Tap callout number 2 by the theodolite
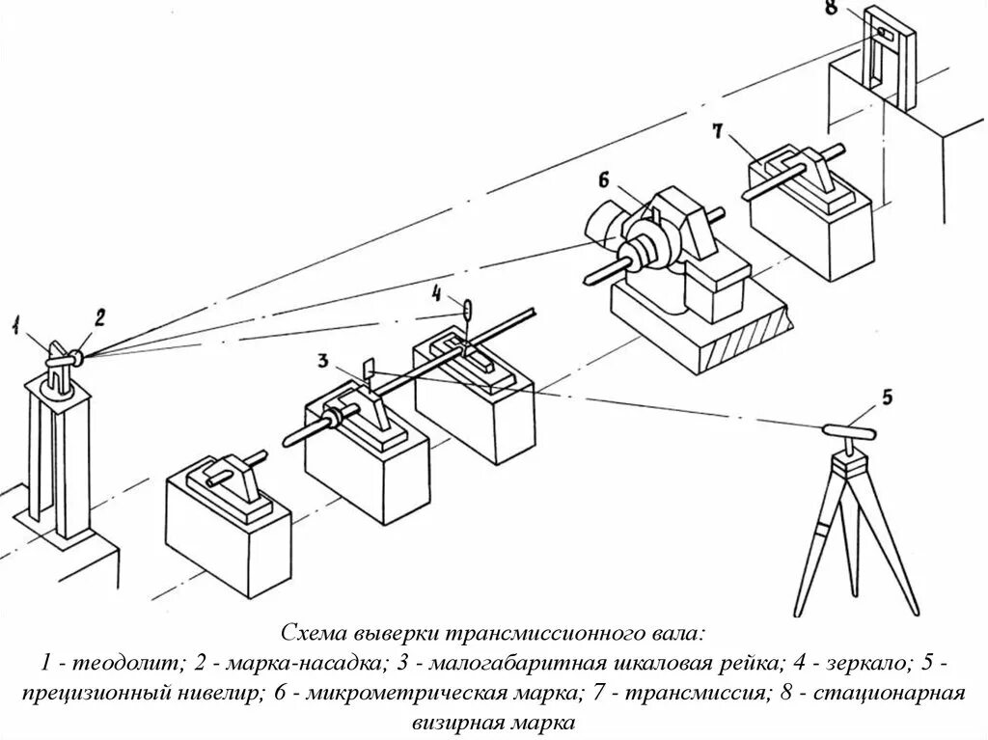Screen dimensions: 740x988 click(x=98, y=315)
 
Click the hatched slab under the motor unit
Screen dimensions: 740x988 click(x=705, y=328)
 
